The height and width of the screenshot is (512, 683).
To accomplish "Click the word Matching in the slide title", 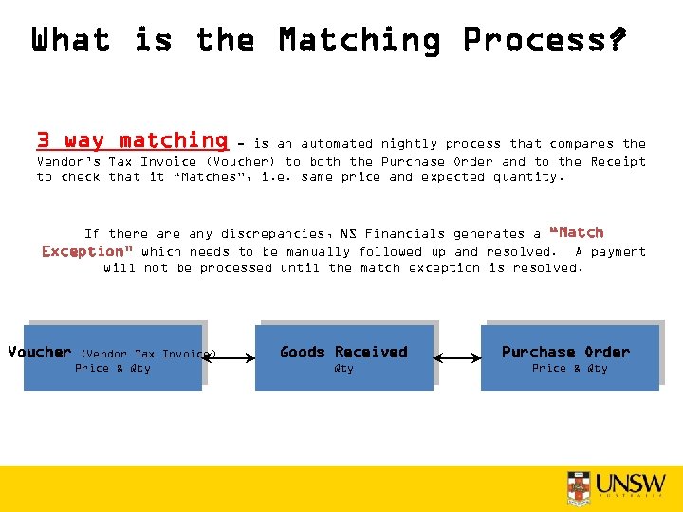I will [x=360, y=41].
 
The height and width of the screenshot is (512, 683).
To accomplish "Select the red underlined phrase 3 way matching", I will [x=132, y=141].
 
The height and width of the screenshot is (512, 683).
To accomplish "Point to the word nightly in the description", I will [x=409, y=144].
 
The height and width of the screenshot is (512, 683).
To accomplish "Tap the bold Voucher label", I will [x=40, y=352].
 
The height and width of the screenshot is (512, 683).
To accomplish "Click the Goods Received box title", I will [x=343, y=352].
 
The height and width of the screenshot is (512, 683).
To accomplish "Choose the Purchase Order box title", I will [x=565, y=352].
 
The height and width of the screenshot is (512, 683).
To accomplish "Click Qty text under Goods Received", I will [x=343, y=369].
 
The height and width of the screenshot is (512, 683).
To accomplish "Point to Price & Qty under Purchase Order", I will [x=569, y=369].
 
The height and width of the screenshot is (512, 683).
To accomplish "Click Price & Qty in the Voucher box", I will [x=112, y=369].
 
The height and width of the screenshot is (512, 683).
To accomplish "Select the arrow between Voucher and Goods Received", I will [x=229, y=358].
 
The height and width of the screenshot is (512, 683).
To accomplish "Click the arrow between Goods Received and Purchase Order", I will [x=457, y=358].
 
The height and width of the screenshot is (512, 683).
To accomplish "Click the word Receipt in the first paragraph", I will [x=618, y=162].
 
